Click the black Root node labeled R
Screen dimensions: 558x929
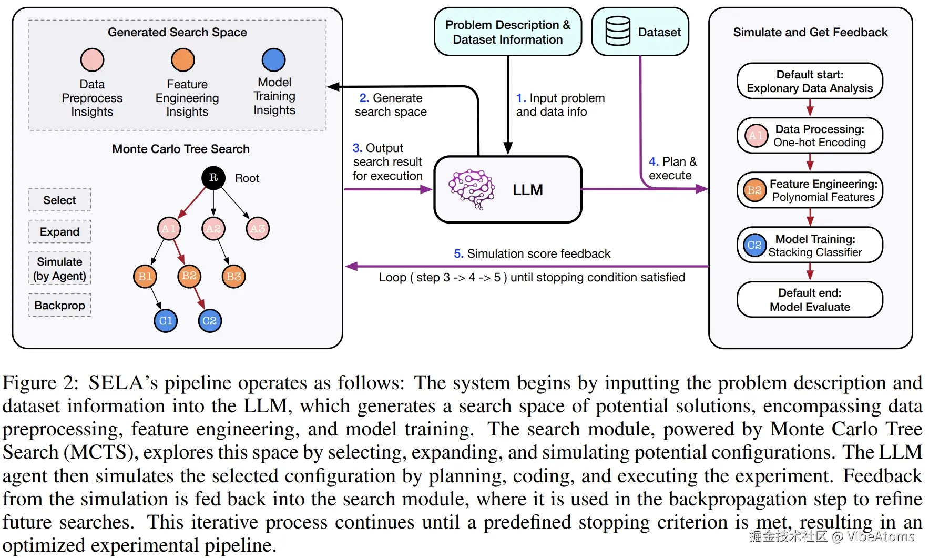[213, 178]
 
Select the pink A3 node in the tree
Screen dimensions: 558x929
[258, 229]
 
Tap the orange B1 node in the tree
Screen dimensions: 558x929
[145, 277]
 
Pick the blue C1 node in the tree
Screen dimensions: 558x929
[166, 321]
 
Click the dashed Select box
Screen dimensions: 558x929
[59, 200]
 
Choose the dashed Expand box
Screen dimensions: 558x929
[59, 232]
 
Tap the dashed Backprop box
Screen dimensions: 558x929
[59, 306]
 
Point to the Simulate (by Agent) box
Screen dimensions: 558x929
[59, 269]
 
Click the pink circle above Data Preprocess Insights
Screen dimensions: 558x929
[92, 60]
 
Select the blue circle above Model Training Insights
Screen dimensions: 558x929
[273, 60]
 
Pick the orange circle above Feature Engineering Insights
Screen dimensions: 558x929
[183, 60]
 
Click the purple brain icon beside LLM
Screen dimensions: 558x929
[472, 189]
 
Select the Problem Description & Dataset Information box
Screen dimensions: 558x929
[507, 32]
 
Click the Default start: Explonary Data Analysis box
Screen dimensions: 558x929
[810, 82]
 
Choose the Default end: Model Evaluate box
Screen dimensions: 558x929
[810, 300]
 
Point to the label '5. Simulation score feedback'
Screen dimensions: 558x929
[532, 254]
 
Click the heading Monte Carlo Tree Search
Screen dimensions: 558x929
[180, 149]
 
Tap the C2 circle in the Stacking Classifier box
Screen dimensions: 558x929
[754, 245]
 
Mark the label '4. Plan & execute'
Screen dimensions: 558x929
[672, 169]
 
